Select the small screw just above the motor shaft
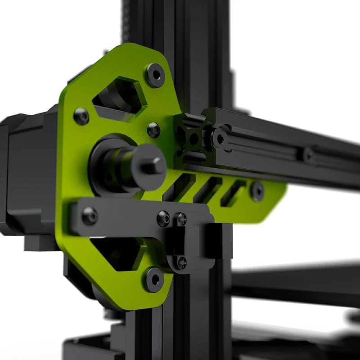[x=153, y=130]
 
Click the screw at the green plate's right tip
[x=257, y=191]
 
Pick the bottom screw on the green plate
[x=153, y=279]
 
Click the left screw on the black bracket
[x=89, y=216]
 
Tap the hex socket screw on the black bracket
[x=164, y=219]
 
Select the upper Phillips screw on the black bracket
[x=182, y=220]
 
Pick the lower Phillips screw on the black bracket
[x=182, y=262]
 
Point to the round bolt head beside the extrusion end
[x=220, y=139]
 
